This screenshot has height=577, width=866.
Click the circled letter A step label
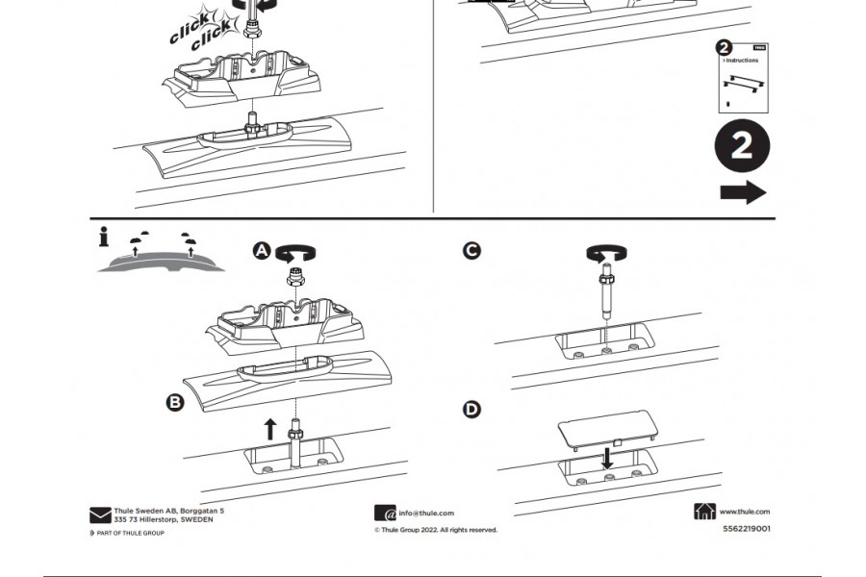262,251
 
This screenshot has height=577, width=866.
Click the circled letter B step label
175,402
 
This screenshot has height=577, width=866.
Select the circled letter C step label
471,250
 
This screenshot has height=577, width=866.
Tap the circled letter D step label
471,410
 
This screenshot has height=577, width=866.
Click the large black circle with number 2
742,147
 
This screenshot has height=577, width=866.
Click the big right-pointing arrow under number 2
743,192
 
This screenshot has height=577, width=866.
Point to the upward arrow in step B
270,429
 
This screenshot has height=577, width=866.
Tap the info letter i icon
103,236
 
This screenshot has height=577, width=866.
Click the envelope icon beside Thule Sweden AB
100,515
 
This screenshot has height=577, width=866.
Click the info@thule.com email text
426,514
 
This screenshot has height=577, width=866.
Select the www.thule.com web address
744,513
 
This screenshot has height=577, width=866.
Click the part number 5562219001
746,528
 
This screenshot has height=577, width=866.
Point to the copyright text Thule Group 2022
436,530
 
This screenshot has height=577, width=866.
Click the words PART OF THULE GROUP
130,533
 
